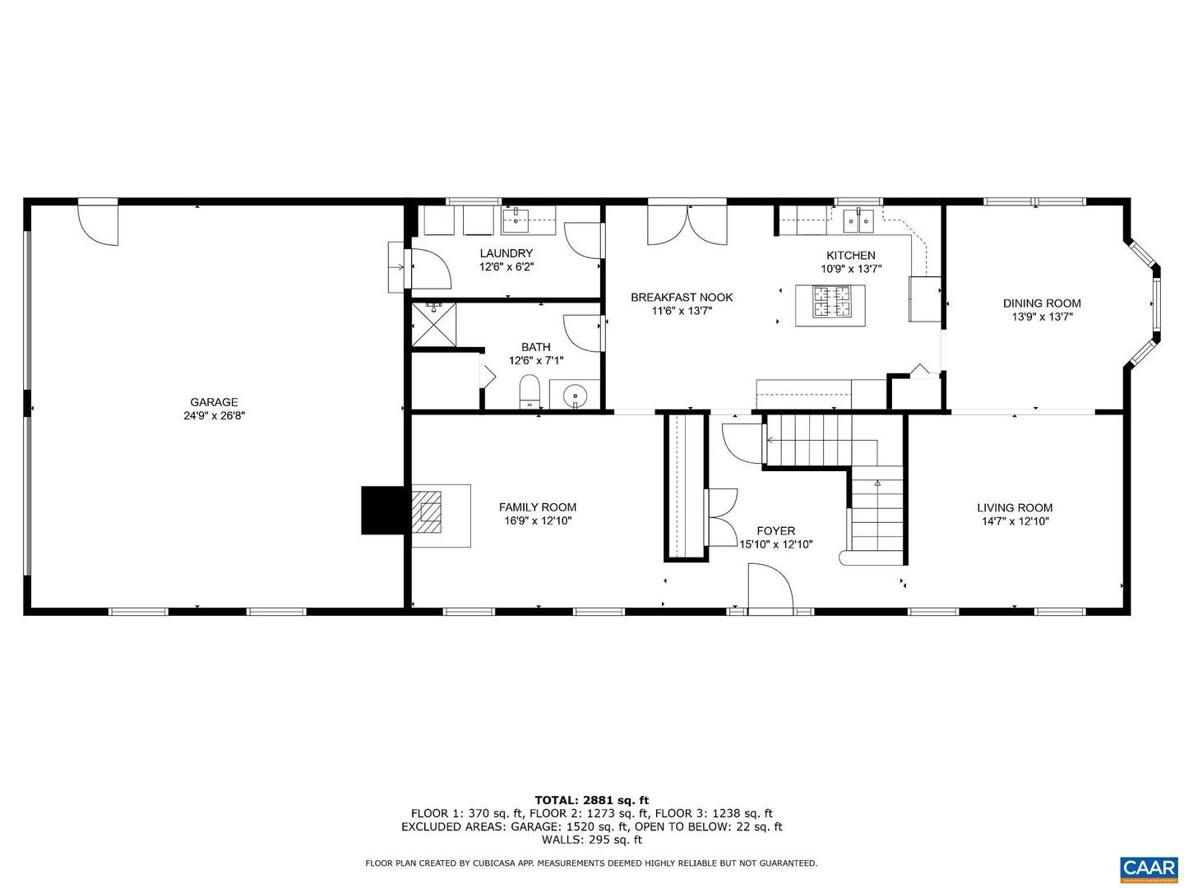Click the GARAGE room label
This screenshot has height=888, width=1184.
[x=214, y=402]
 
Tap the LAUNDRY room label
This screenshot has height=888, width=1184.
[x=506, y=253]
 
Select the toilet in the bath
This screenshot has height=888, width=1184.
[x=530, y=391]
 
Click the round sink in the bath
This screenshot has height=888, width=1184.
[x=576, y=396]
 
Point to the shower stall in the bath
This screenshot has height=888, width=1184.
[x=433, y=325]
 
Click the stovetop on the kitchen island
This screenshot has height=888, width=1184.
[x=831, y=301]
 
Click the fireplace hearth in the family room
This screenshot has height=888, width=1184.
[x=441, y=516]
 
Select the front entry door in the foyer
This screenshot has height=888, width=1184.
[x=770, y=585]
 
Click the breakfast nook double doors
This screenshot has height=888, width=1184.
[x=687, y=224]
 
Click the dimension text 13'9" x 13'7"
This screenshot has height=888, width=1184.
[x=1042, y=317]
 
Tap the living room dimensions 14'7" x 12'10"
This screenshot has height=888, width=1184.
[x=1015, y=520]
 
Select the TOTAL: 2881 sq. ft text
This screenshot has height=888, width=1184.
[x=592, y=800]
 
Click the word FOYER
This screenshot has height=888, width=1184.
[x=775, y=530]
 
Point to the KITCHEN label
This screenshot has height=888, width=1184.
[x=851, y=255]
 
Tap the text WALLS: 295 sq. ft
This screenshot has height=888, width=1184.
[x=592, y=839]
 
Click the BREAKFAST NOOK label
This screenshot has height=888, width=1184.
[x=682, y=297]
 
